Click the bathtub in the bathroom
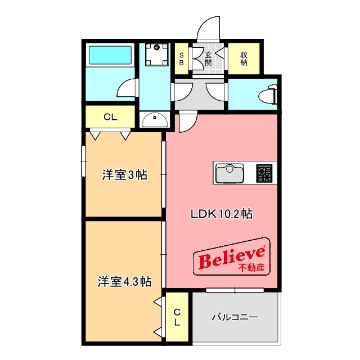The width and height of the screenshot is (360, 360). [110, 56]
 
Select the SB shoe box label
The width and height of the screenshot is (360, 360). [182, 58]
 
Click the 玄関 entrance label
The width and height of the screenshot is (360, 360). [208, 58]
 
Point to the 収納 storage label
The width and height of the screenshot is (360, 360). [244, 58]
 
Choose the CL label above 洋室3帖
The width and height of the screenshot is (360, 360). [110, 118]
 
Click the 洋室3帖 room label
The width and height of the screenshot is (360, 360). [124, 175]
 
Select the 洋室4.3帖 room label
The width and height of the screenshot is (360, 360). [124, 281]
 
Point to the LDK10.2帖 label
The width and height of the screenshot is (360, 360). [221, 214]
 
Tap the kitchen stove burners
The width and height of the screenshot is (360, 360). [263, 173]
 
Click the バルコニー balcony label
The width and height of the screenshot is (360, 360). [235, 317]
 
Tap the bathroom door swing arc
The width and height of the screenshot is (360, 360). [128, 88]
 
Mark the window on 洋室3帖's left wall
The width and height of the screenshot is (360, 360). [83, 161]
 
